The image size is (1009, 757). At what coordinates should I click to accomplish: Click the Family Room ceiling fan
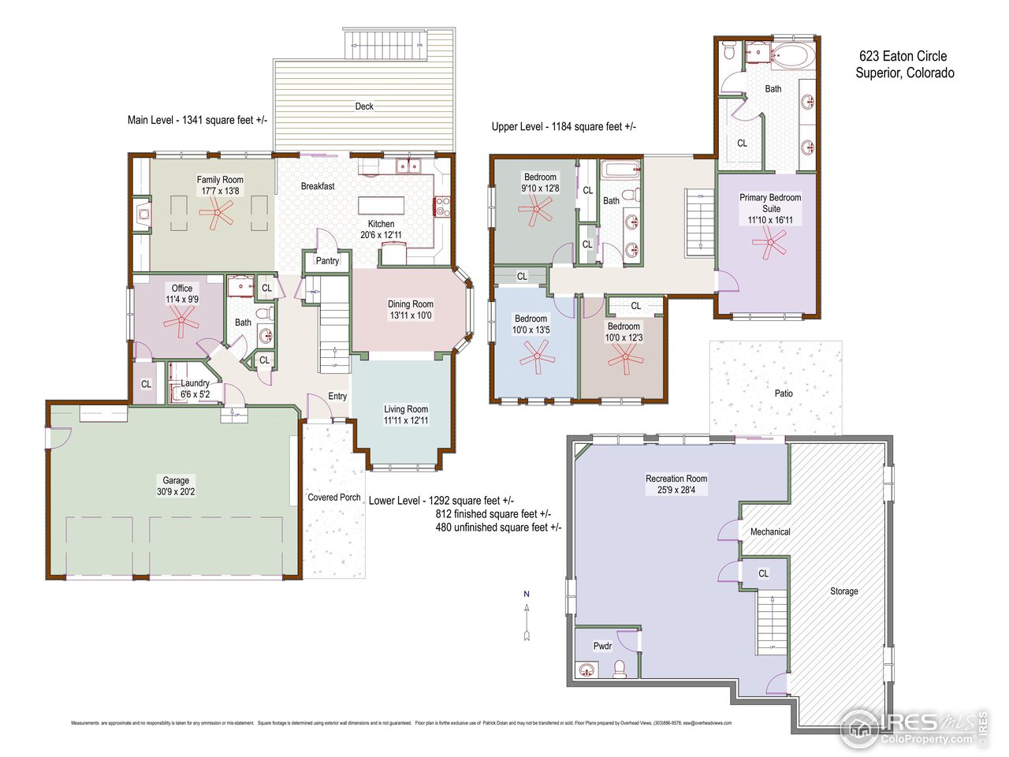[216, 213]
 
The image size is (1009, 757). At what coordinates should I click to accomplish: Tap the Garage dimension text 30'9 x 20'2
[176, 492]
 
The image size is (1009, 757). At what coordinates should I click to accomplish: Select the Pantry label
[327, 261]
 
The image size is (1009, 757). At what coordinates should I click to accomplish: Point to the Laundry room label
[195, 383]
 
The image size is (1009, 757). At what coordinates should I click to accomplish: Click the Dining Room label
[410, 304]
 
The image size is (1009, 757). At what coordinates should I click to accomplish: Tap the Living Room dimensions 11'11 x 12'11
[405, 421]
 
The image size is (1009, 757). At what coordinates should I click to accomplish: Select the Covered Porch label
[333, 498]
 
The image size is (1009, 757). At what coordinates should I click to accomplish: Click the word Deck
[363, 106]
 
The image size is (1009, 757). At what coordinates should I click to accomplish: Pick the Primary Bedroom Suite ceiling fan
[769, 243]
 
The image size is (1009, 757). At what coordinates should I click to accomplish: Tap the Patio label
[783, 393]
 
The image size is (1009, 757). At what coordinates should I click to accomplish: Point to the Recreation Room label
[676, 479]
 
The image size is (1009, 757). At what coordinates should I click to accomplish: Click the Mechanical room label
[769, 532]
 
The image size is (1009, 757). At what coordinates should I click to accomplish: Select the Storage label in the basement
[843, 591]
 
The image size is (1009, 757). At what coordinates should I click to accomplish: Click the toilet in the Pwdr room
[620, 669]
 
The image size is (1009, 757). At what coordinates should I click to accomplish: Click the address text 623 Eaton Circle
[903, 56]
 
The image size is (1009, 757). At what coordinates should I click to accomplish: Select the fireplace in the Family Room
[142, 213]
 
